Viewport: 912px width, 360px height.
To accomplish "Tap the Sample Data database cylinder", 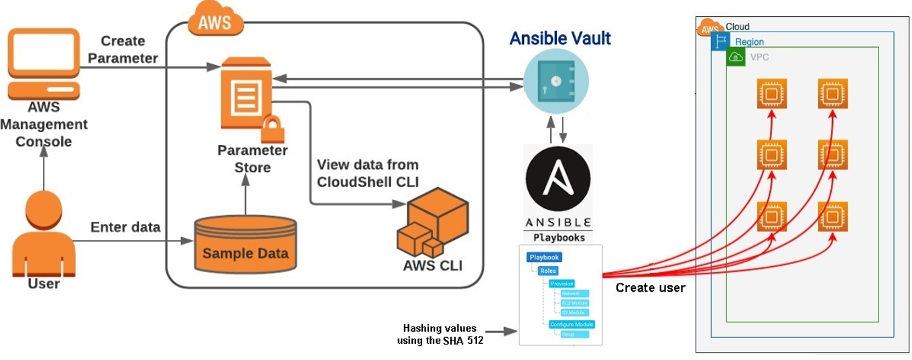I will tap(245, 244).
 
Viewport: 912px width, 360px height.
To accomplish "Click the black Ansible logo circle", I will tap(558, 180).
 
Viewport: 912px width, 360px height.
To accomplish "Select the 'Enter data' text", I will tap(125, 227).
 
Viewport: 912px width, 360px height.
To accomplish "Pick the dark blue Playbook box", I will tap(543, 257).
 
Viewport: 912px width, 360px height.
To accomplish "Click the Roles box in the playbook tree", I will tap(547, 271).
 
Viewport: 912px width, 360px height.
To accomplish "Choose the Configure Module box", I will tap(571, 324).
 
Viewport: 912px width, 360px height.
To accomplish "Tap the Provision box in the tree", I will tap(562, 284).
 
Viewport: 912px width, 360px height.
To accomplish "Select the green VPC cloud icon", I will tap(736, 58).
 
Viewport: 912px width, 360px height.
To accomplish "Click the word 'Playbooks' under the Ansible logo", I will tap(558, 237).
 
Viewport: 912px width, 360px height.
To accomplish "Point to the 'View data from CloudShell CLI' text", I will tap(367, 172).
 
